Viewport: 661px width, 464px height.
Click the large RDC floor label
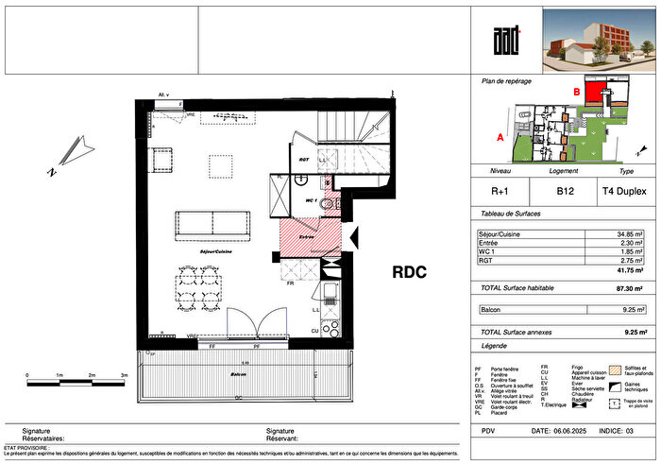pyautogui.click(x=410, y=272)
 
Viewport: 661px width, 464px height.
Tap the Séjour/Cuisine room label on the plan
pyautogui.click(x=216, y=252)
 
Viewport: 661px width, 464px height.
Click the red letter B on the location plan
pyautogui.click(x=576, y=91)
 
